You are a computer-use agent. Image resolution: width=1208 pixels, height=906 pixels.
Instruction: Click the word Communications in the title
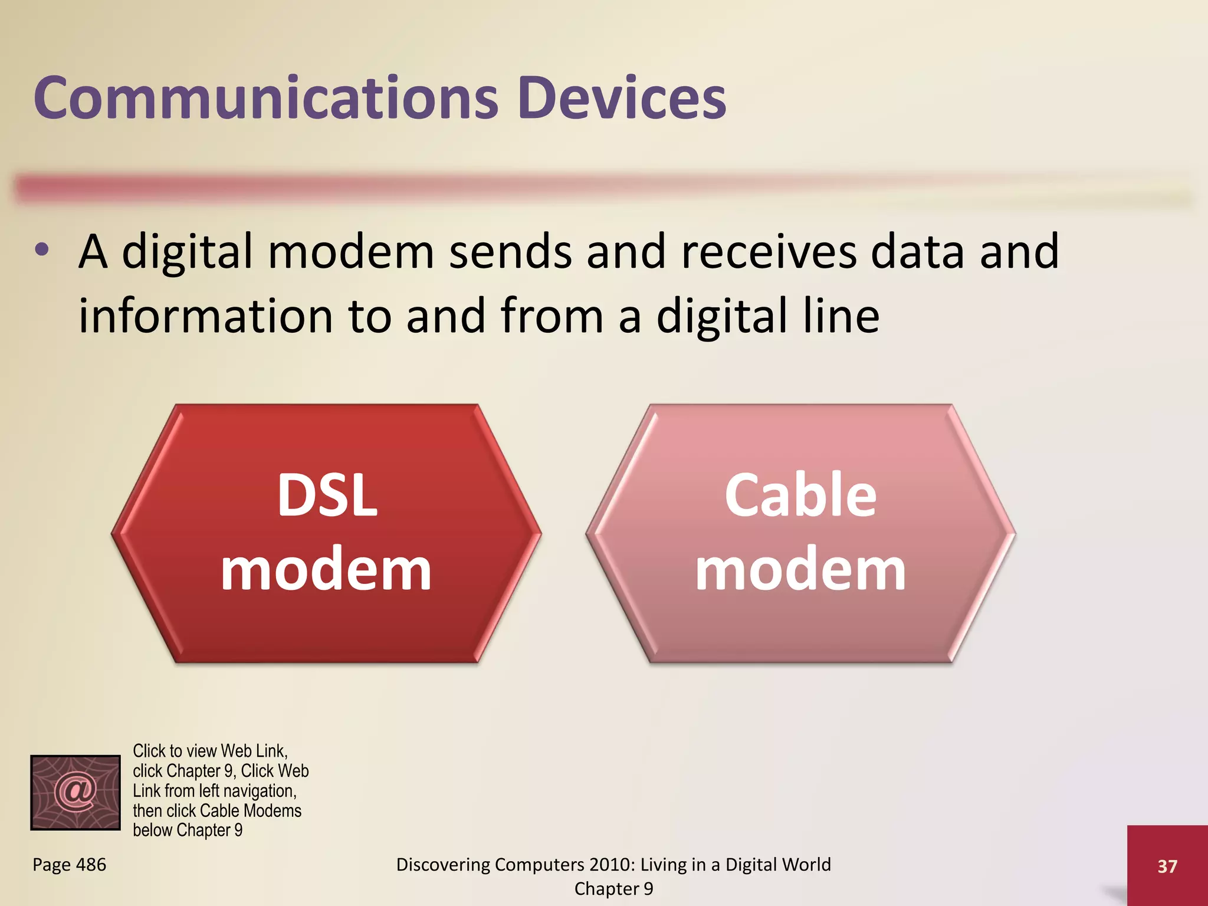(x=266, y=98)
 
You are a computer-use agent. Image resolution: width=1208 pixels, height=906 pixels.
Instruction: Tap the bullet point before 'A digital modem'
(x=41, y=250)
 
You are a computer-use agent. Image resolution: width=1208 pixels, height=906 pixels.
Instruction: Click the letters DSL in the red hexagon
(x=327, y=495)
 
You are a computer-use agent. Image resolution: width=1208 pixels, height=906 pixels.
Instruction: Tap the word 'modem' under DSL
(x=326, y=570)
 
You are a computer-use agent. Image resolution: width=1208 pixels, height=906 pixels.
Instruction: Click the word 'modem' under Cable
(x=800, y=570)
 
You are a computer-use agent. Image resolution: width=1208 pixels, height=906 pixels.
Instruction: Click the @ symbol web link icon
(x=75, y=792)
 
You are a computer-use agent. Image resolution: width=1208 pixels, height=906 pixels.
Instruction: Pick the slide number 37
(x=1167, y=866)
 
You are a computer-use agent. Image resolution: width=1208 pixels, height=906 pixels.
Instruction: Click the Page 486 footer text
(x=70, y=865)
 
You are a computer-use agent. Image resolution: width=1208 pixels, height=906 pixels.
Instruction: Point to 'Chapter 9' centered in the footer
(x=613, y=889)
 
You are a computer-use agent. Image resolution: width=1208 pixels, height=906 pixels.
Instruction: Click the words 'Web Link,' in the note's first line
(x=254, y=751)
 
